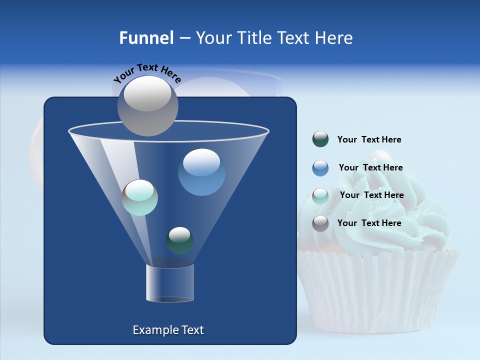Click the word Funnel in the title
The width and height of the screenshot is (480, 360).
click(146, 38)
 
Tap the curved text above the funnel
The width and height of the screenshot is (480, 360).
click(147, 73)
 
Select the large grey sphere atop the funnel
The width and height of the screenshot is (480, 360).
click(147, 105)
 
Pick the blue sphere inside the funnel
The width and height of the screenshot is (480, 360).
click(201, 172)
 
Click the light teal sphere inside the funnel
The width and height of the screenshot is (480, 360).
click(139, 197)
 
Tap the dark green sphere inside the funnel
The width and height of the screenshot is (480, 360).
click(179, 240)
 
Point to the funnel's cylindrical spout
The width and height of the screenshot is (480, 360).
click(169, 283)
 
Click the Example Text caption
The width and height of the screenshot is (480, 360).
click(168, 330)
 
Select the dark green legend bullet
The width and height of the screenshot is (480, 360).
click(320, 139)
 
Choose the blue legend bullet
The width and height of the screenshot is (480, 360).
click(320, 168)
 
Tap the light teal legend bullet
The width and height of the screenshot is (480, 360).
click(320, 195)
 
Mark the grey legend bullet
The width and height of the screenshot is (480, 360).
click(320, 223)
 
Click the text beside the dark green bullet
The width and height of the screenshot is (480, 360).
click(369, 140)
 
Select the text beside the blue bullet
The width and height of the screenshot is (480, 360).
click(370, 168)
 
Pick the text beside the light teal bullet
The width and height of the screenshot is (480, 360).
click(371, 195)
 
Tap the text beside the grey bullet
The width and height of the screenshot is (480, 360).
click(369, 223)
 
